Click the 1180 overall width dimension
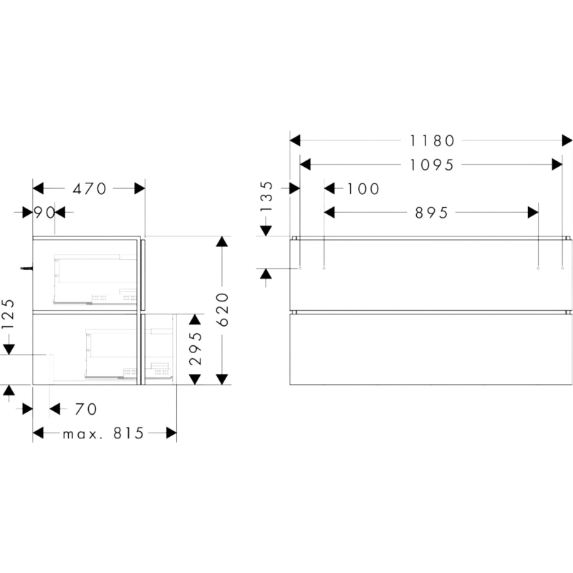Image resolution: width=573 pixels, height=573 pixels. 432,140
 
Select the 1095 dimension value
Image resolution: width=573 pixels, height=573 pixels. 432,165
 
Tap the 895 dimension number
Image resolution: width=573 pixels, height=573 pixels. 432,213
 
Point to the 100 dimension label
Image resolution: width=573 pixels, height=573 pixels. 363,189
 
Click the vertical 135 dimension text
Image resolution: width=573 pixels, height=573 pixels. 266,196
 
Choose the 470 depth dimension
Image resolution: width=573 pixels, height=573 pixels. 90,189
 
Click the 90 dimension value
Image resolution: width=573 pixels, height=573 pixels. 44,212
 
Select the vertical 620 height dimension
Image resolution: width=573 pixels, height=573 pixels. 222,309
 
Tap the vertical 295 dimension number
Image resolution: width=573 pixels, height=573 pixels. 196,348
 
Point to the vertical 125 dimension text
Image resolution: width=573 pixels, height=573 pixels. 8,314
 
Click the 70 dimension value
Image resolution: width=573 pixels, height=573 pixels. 86,409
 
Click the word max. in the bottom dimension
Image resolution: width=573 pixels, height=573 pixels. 80,435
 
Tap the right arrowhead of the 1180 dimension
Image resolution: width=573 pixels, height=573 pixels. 567,140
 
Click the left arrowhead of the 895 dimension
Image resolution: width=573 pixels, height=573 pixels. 329,212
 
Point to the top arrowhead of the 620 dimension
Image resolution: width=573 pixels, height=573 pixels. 222,241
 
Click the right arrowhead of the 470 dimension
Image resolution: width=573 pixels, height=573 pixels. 140,188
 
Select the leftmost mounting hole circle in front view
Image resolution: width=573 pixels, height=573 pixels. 300,269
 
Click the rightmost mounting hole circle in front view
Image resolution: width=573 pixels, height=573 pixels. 562,269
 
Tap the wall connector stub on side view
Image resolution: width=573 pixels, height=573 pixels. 27,269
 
